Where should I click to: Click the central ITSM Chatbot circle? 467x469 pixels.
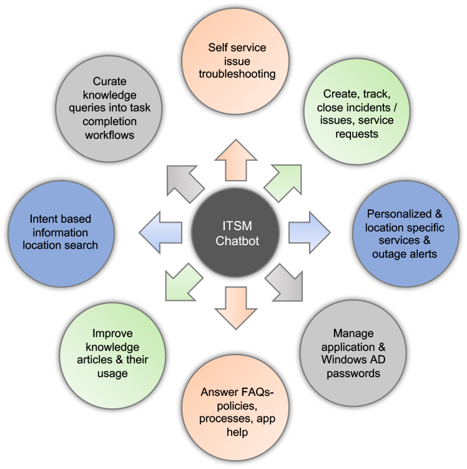[233, 233]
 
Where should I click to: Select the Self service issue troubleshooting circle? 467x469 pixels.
[237, 60]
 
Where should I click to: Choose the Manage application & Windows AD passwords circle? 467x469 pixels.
[353, 354]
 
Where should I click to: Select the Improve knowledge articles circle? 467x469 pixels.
[112, 354]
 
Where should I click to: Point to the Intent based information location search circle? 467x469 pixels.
[61, 233]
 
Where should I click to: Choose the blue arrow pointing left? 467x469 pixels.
[159, 233]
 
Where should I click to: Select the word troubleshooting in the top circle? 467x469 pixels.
[237, 74]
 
